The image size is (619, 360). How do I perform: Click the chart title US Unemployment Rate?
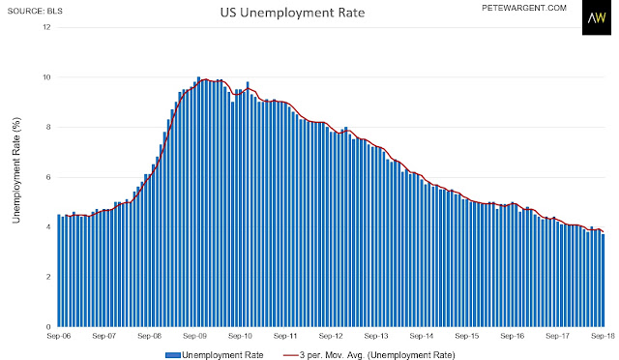[x=292, y=13]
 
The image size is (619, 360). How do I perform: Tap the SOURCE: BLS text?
[x=35, y=11]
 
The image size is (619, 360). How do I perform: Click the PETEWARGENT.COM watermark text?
[x=524, y=8]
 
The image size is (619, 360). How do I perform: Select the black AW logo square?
[x=597, y=17]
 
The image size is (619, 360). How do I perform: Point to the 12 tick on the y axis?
[x=47, y=27]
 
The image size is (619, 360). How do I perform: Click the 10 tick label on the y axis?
[x=47, y=77]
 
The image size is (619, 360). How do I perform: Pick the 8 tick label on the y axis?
[x=48, y=127]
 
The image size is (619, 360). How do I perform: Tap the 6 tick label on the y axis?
[x=48, y=177]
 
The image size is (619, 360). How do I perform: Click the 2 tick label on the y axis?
[x=48, y=277]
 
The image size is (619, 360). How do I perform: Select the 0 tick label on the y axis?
[x=48, y=327]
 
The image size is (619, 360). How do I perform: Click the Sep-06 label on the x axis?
[x=59, y=336]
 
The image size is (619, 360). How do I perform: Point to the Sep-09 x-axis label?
[x=195, y=336]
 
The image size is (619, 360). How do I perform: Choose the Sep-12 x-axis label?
[x=331, y=336]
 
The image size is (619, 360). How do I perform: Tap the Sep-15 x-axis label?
[x=467, y=336]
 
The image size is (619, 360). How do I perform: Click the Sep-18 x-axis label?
[x=603, y=336]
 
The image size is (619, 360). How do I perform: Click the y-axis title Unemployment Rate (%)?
[x=16, y=170]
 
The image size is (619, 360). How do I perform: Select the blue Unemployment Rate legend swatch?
[x=172, y=355]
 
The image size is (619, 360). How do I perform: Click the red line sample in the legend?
[x=290, y=355]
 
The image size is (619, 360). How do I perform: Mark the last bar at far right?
[x=603, y=281]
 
